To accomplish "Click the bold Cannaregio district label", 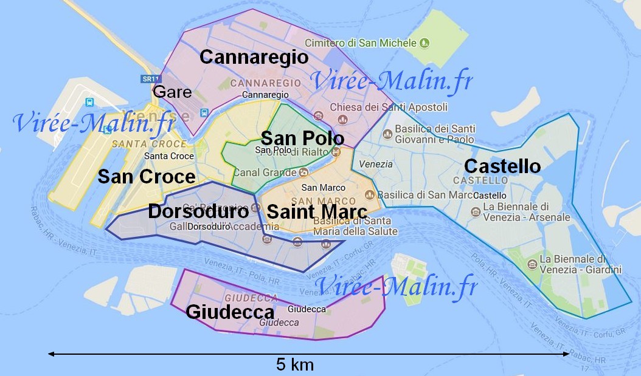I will coord(254,58).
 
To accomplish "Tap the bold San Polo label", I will coord(302,138).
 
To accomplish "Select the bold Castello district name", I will coord(502,166).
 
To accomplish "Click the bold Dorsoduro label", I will coord(198,211).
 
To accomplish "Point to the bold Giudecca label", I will coord(230,312).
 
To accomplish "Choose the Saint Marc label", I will coord(317,212).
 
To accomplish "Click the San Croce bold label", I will coord(147,177).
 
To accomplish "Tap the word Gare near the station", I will coord(172,92).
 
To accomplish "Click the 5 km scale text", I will coord(295,364).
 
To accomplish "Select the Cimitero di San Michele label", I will coord(361,43).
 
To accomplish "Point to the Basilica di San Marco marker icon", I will coord(369,194).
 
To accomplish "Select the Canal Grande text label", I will coord(265,173).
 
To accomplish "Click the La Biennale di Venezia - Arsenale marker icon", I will coord(476,212).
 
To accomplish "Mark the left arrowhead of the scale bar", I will coord(50,354).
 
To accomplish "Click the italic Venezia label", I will coord(376,164).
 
